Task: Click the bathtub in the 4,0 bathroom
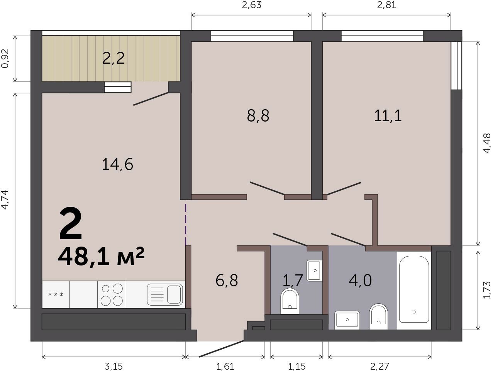[414, 291]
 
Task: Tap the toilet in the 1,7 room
[290, 301]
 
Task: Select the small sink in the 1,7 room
[314, 271]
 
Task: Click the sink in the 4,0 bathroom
[347, 320]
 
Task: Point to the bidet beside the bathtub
[379, 317]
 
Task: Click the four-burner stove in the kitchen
[112, 294]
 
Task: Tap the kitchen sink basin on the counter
[165, 294]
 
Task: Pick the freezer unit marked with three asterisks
[56, 294]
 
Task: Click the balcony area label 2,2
[114, 58]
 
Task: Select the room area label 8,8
[258, 116]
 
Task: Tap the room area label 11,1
[388, 116]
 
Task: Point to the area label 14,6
[117, 164]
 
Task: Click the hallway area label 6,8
[226, 281]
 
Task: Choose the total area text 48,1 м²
[101, 257]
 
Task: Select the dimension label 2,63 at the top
[252, 5]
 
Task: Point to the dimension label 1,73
[487, 290]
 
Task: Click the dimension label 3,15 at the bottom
[114, 367]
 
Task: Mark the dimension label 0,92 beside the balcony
[5, 58]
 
